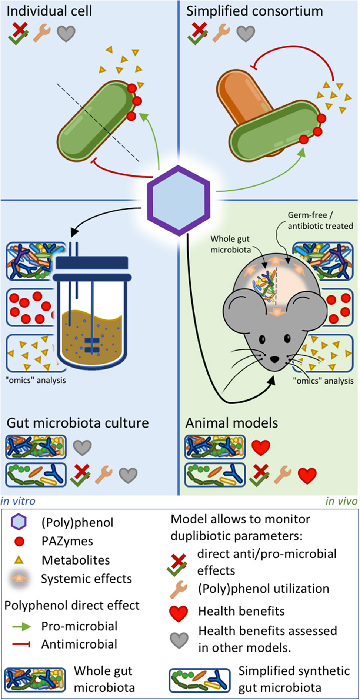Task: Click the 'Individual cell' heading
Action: tap(49, 11)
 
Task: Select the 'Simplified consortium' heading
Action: tap(254, 11)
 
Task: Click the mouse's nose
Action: tap(274, 359)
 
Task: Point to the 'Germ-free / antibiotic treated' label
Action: tap(320, 221)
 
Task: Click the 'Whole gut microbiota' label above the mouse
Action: tap(230, 244)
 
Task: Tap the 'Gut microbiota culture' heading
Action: tap(78, 423)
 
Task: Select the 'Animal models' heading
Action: tap(231, 423)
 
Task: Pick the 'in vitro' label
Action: tap(18, 501)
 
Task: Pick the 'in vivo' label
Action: tap(341, 501)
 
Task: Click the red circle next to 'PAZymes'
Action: tap(19, 542)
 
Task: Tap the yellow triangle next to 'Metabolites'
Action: tap(19, 560)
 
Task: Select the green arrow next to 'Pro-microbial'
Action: tap(21, 626)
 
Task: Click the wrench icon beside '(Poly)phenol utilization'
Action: tap(178, 589)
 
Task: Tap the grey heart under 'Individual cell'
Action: tap(66, 34)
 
